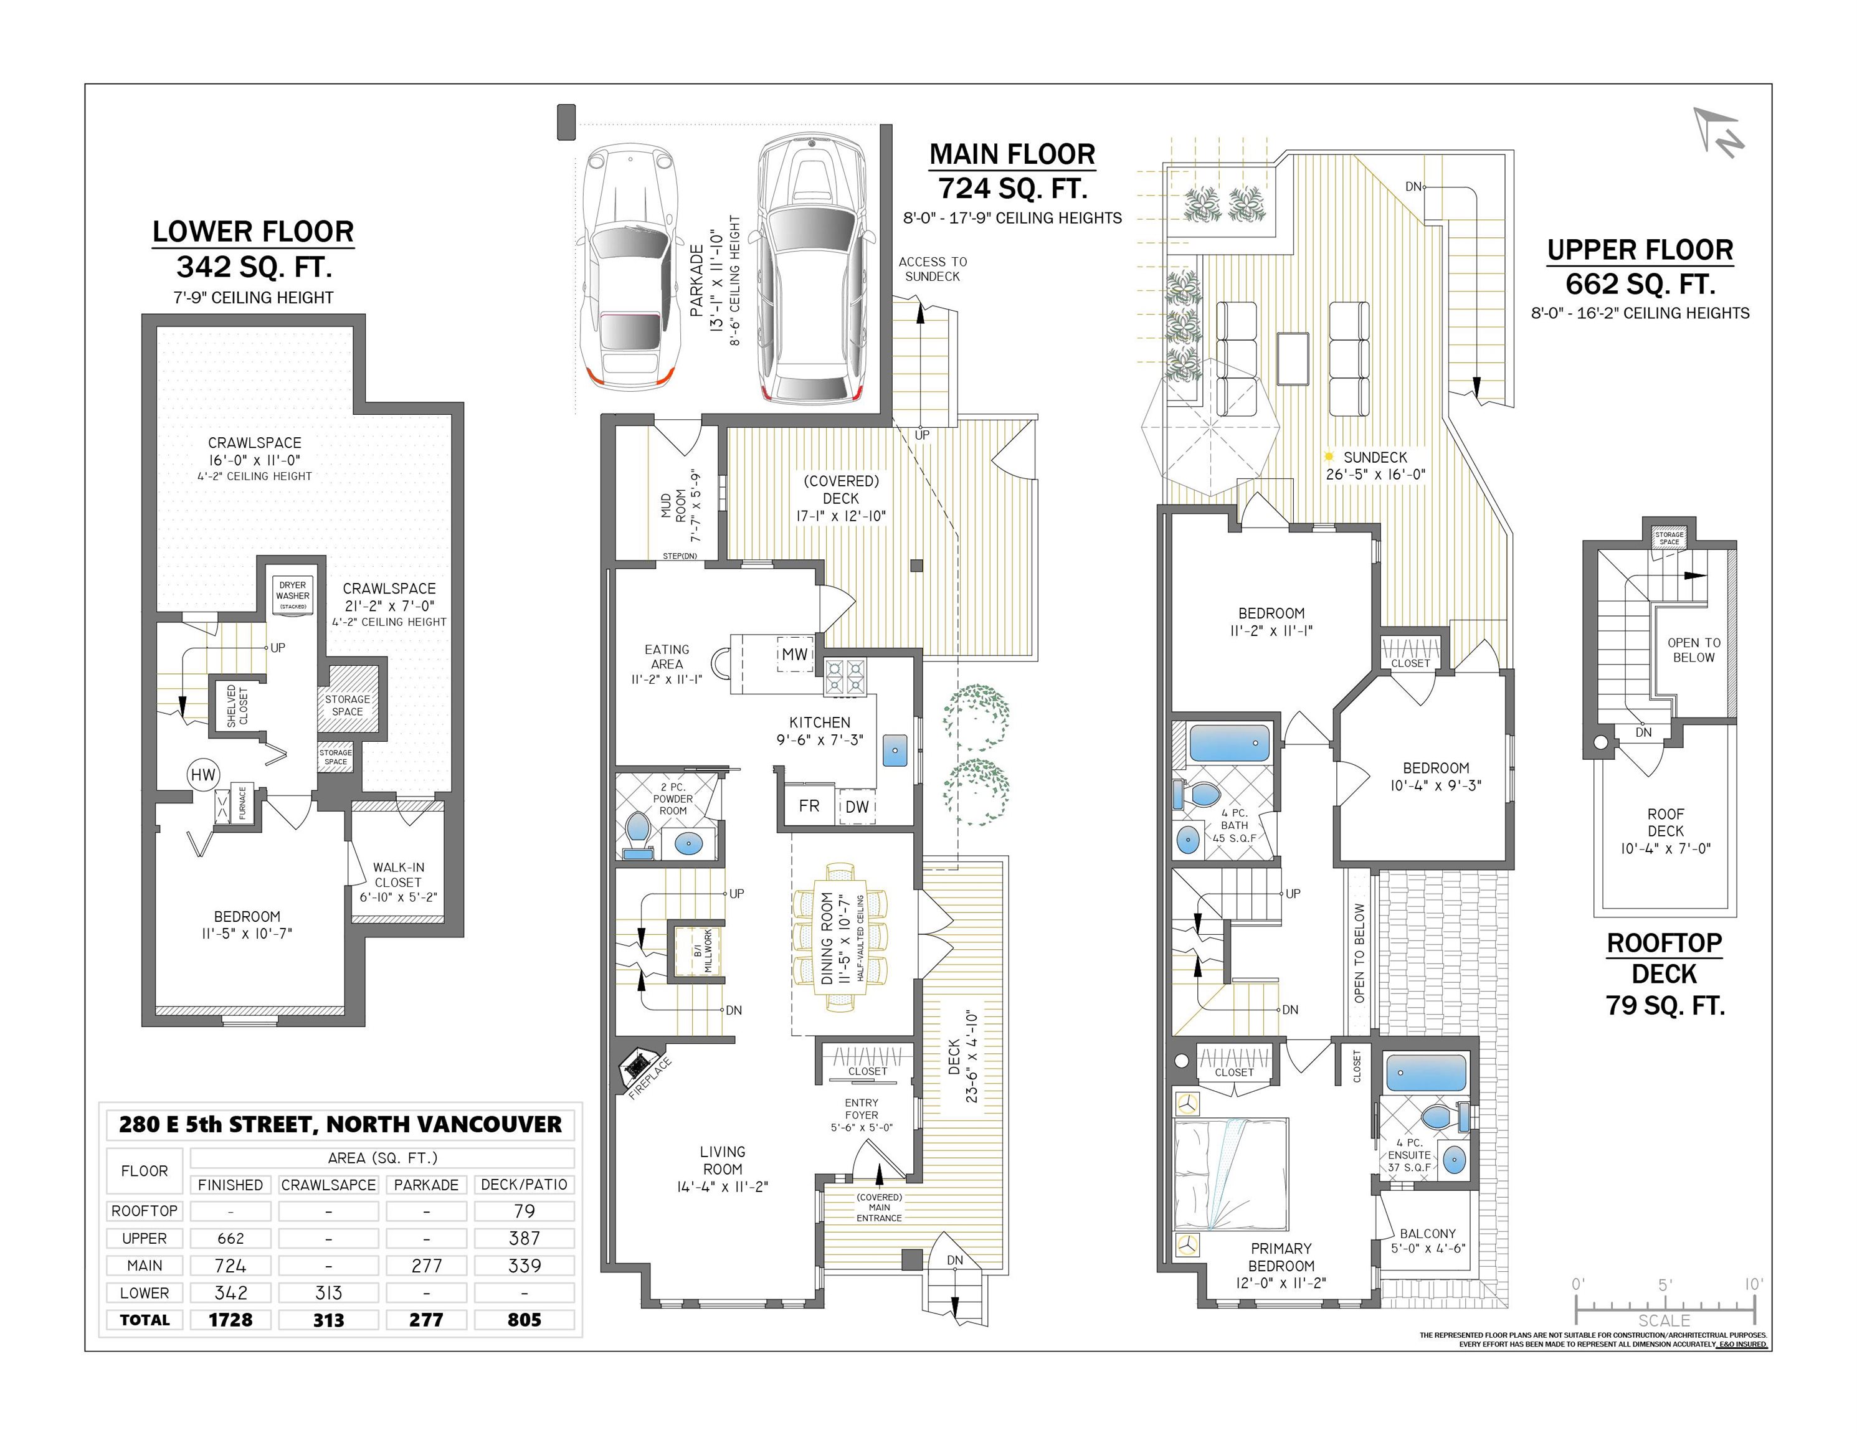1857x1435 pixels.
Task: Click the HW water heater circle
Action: click(203, 774)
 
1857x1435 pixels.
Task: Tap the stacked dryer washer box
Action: click(293, 595)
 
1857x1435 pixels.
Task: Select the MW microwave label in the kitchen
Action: click(795, 654)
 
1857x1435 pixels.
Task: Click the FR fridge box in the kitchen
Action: click(809, 805)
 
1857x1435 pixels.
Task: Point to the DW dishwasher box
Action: click(857, 806)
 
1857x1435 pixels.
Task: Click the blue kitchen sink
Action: click(895, 750)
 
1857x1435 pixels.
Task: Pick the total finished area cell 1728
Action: click(230, 1319)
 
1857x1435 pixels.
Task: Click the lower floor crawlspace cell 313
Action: click(328, 1293)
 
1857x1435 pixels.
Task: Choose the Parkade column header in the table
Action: click(426, 1184)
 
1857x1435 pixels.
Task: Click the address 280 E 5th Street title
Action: click(340, 1124)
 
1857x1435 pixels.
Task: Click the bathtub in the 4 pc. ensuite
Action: click(1426, 1073)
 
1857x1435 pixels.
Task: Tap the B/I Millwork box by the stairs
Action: click(697, 950)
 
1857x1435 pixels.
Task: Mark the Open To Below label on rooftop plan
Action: click(1694, 650)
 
